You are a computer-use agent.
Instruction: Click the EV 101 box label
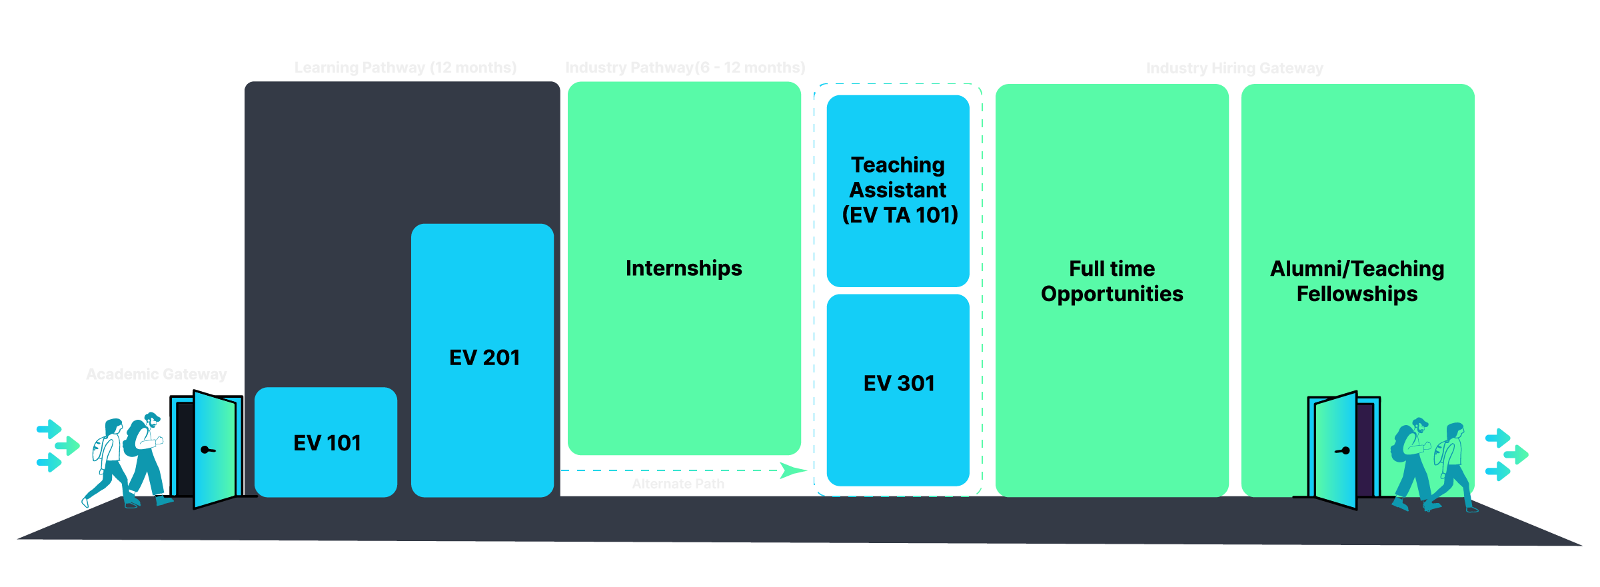[x=327, y=443]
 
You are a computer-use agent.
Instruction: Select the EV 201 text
[x=484, y=358]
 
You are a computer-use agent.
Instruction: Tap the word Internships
[x=684, y=268]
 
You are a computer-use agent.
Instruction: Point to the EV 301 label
[x=898, y=384]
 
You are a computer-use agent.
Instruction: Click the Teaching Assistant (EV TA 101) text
[x=898, y=190]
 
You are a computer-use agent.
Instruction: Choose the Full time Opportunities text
[x=1112, y=281]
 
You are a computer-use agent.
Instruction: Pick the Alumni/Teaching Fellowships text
[x=1357, y=281]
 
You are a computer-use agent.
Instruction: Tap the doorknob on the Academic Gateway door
[x=208, y=450]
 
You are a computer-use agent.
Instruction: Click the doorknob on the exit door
[x=1343, y=451]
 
